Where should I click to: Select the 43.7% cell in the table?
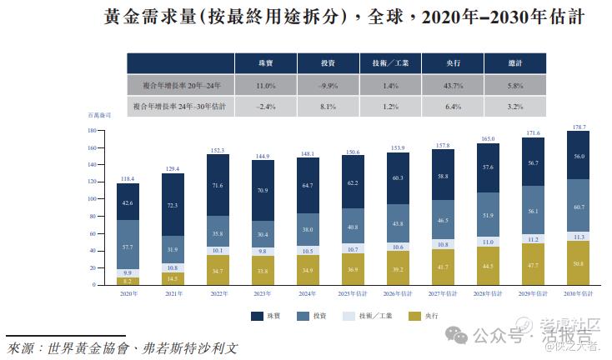(453, 86)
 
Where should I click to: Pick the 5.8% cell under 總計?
(514, 86)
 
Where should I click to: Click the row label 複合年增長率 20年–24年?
(180, 86)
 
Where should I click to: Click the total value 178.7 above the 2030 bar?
(577, 127)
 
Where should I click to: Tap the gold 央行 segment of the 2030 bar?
(577, 263)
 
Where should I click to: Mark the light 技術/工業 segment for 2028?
(487, 242)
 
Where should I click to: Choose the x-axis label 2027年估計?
(443, 293)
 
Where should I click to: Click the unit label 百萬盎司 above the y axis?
(100, 115)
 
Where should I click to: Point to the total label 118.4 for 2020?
(128, 178)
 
